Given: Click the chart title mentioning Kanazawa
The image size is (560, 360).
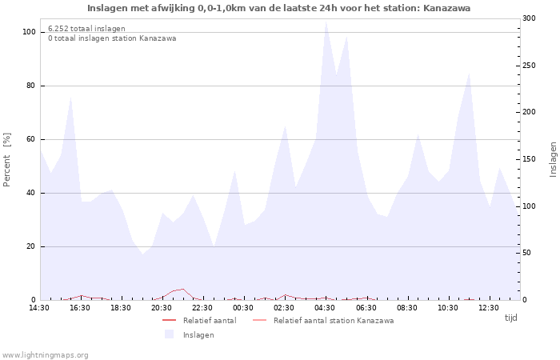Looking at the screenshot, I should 278,8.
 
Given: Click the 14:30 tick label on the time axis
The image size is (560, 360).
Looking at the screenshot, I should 39,308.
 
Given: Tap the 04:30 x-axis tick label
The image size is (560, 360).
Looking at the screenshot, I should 325,308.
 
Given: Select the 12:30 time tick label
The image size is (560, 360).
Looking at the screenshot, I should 488,308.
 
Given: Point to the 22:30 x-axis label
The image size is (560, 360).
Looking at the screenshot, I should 202,308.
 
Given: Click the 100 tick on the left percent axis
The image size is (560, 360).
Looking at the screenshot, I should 29,32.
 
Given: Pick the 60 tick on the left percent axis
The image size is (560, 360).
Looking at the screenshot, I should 31,139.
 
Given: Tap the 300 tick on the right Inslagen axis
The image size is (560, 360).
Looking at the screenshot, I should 530,18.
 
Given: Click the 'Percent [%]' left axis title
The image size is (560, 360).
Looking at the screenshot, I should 7,160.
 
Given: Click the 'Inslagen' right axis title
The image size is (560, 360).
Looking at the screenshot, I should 553,159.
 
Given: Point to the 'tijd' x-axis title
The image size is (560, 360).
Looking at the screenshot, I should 510,318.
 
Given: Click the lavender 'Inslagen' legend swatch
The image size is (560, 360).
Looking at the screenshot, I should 169,334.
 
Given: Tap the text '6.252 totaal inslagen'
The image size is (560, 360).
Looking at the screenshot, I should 86,28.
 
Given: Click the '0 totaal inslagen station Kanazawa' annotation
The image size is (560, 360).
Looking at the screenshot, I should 112,38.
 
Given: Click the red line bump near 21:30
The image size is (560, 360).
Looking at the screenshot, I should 183,290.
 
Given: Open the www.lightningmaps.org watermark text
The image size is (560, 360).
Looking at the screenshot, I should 46,355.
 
